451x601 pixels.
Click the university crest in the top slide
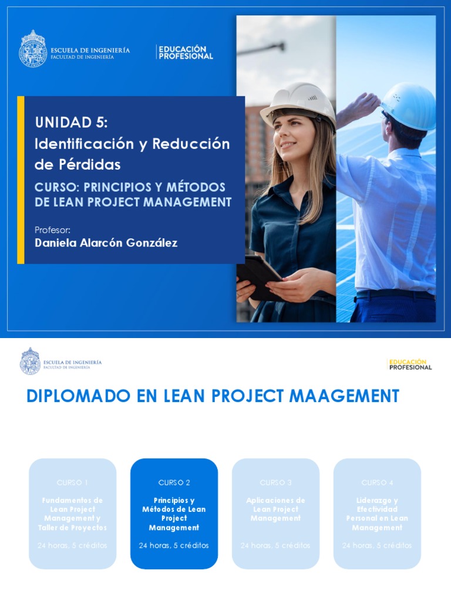pos(33,49)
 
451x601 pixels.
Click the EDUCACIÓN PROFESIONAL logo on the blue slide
pos(186,52)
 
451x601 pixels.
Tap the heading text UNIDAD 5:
pos(72,122)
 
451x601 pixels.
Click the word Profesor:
pos(53,229)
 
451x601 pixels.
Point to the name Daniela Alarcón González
pos(106,243)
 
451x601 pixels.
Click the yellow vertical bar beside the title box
pos(21,180)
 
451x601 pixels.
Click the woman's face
pos(294,132)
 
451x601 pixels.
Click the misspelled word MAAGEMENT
pos(344,396)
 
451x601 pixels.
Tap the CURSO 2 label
pos(174,482)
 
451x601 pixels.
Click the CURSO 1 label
pos(72,482)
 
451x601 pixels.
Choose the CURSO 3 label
pos(275,482)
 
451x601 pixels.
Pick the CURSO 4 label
pos(377,482)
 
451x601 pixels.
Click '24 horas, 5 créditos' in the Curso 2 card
pos(174,545)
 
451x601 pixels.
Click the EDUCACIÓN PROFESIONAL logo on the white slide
pos(410,364)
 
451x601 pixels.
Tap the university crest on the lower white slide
pos(30,362)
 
